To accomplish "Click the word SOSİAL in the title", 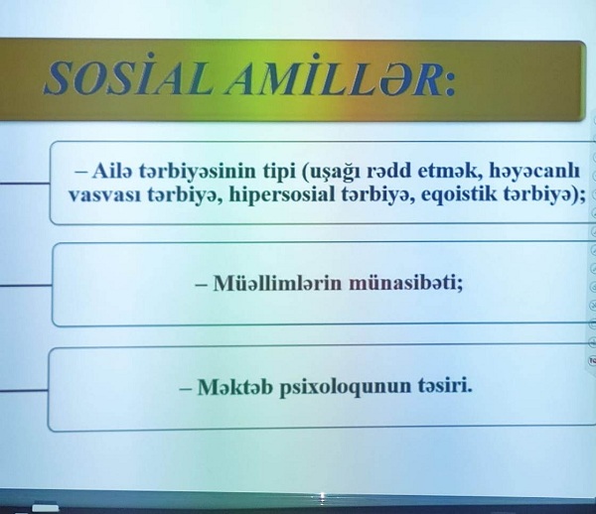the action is tap(127, 76).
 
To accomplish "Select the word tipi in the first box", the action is tap(280, 172).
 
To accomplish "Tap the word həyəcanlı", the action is tap(534, 172).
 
